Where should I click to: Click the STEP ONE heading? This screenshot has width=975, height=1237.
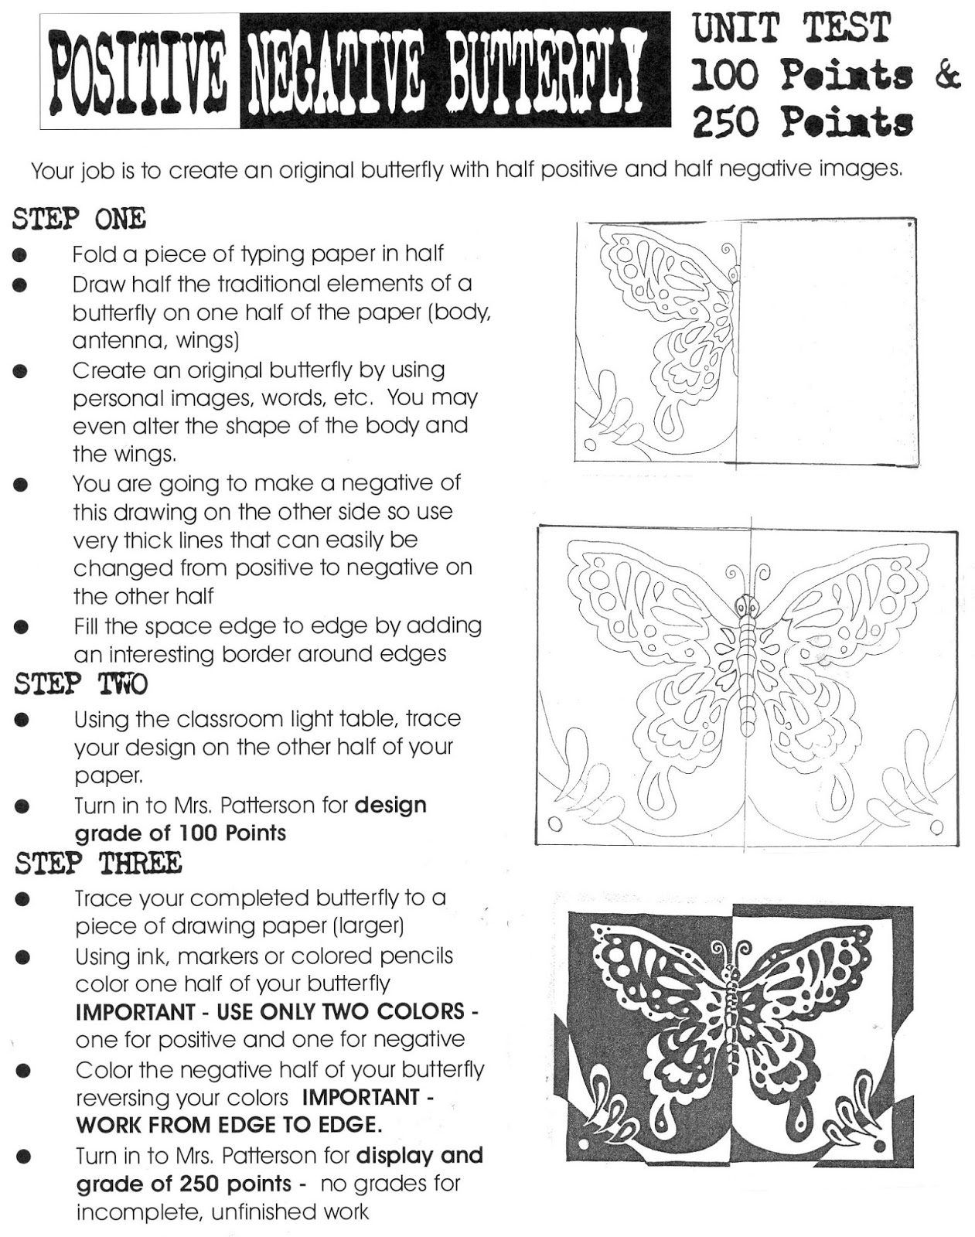79,220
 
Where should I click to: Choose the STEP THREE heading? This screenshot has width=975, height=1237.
97,863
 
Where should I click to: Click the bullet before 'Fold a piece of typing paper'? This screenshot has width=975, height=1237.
20,254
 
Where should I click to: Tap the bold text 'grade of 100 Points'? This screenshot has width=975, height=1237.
180,833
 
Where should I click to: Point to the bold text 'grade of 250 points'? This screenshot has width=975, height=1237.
184,1184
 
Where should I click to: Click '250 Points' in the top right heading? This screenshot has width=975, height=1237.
802,123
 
